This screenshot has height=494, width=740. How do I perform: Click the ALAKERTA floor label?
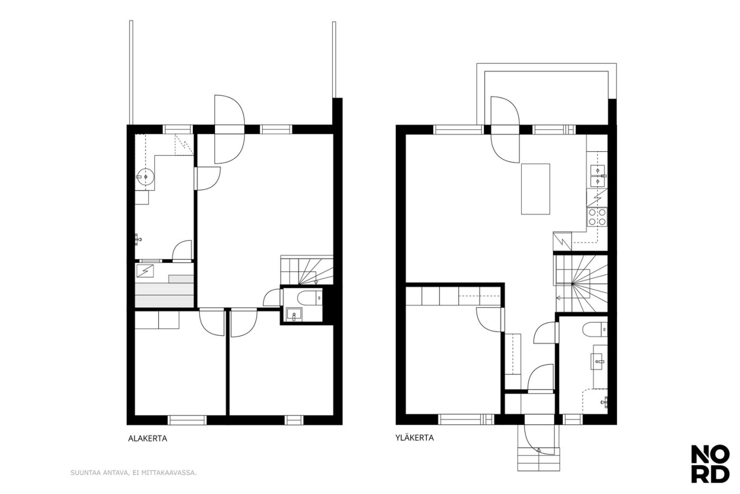click(x=147, y=439)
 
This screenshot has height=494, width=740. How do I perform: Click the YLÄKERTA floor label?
click(x=414, y=438)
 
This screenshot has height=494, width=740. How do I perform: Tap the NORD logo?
click(x=710, y=464)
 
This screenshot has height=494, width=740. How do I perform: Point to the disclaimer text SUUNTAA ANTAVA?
click(x=99, y=472)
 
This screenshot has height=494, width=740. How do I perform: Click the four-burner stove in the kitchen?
click(x=597, y=217)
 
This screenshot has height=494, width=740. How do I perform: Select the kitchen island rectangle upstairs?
click(x=536, y=189)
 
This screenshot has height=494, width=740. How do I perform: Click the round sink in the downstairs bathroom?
click(x=145, y=177)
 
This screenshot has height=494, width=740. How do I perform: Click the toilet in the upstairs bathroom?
click(x=595, y=329)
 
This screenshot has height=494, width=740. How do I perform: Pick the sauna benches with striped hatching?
click(x=164, y=292)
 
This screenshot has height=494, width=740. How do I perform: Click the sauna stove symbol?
click(x=145, y=271)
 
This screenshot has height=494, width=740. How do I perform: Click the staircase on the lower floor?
click(x=307, y=270)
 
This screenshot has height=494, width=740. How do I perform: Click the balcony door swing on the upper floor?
click(x=505, y=130)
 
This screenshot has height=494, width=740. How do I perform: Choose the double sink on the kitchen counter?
click(x=598, y=176)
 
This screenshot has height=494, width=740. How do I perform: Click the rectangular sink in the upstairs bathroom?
click(x=598, y=361)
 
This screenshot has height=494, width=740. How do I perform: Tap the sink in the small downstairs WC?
click(x=294, y=314)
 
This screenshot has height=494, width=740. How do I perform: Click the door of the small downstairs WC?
click(x=272, y=298)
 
